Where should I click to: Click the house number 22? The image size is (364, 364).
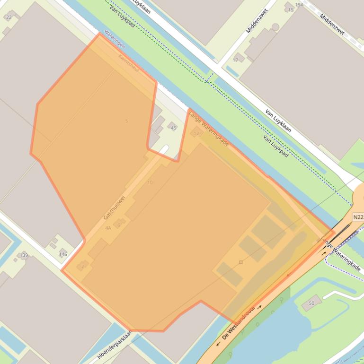(8, 17)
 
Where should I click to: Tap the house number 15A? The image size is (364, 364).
(299, 5)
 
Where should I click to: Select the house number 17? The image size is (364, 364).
(235, 60)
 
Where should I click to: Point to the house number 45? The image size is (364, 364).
(173, 128)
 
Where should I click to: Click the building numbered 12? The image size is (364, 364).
(196, 134)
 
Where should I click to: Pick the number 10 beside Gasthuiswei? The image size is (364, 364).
(150, 182)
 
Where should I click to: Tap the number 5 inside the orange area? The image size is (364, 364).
(126, 121)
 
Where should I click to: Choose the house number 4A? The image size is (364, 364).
(108, 228)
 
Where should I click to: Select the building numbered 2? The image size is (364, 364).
(82, 266)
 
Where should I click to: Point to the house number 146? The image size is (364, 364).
(63, 254)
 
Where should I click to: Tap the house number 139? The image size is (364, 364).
(24, 255)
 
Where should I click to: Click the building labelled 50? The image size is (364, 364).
(311, 303)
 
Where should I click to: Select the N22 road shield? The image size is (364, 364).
(358, 217)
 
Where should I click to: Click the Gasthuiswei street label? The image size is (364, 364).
(114, 208)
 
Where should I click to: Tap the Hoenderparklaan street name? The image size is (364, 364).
(115, 345)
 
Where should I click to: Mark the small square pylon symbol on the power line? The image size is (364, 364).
(241, 262)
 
